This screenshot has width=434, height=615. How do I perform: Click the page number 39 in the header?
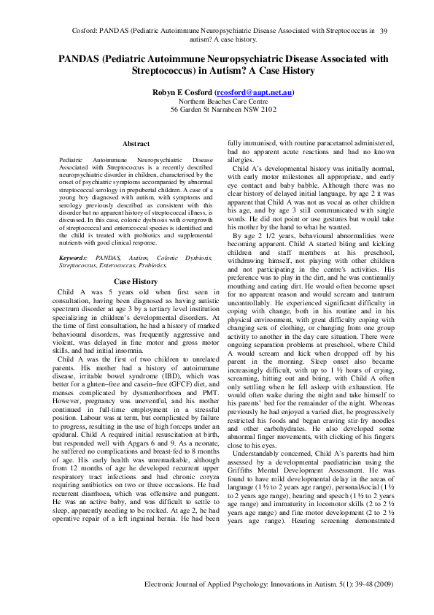pyautogui.click(x=384, y=31)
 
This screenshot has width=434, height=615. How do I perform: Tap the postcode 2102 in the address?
pyautogui.click(x=268, y=110)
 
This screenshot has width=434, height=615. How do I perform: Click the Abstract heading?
pyautogui.click(x=136, y=144)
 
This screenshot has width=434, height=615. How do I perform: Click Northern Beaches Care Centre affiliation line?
pyautogui.click(x=222, y=102)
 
